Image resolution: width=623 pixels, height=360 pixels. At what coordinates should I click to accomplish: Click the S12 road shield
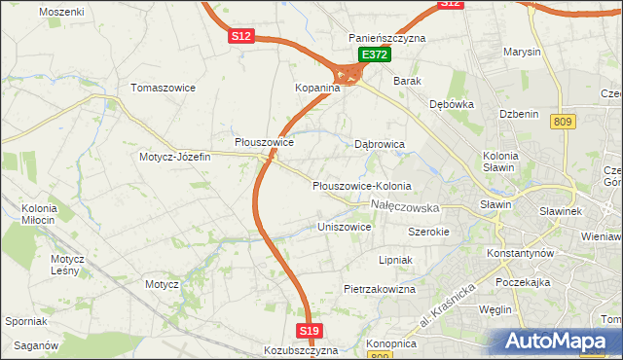click(x=241, y=36)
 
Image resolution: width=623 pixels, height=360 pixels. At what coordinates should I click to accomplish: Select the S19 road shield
click(x=309, y=332)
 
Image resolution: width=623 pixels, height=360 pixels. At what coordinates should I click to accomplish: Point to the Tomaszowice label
click(x=164, y=88)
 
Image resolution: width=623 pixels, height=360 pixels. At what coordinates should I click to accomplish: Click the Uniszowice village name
click(x=345, y=227)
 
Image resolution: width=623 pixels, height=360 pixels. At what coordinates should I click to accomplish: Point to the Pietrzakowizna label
click(x=380, y=289)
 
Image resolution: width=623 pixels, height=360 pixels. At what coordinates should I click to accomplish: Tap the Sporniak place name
click(x=26, y=321)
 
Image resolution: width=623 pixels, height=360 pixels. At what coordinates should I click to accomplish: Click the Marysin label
click(x=523, y=51)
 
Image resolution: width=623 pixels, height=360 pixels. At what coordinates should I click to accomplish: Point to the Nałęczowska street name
click(x=406, y=206)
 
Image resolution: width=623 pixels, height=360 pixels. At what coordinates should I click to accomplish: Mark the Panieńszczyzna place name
click(x=387, y=38)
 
